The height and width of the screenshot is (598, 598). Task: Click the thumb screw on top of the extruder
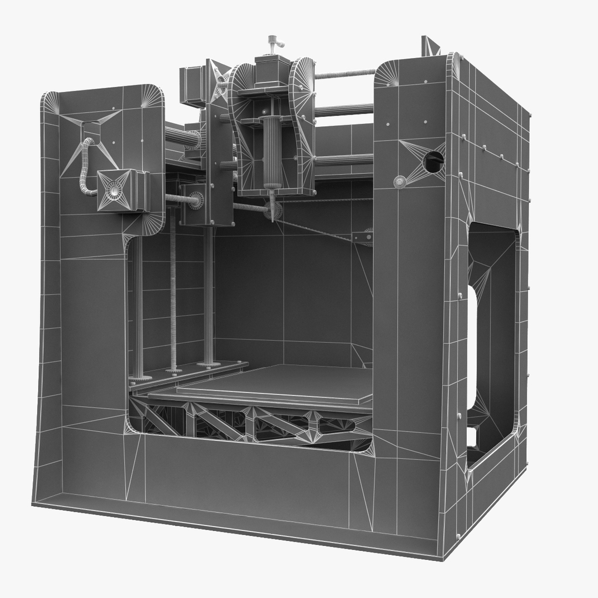(272, 42)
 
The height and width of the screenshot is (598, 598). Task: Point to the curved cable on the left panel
(84, 166)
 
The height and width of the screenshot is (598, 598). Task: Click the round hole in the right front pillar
(434, 161)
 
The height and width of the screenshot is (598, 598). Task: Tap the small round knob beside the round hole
(400, 182)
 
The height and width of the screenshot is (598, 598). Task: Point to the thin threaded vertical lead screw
(173, 288)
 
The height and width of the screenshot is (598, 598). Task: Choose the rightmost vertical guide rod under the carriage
(209, 293)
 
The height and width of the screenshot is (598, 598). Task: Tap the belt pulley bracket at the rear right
(363, 237)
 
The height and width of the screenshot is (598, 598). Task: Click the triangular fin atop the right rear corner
(430, 46)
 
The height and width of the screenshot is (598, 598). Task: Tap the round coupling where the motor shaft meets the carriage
(195, 200)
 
